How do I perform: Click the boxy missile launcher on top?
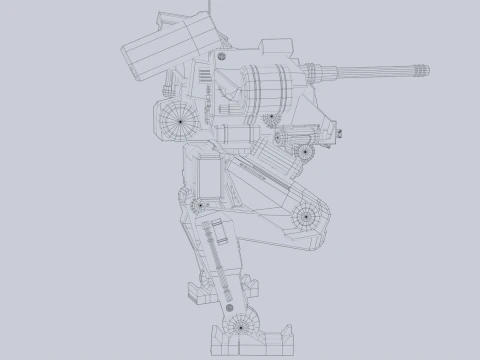[165, 45]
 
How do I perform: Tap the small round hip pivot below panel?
[199, 206]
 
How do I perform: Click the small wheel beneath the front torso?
[305, 152]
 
